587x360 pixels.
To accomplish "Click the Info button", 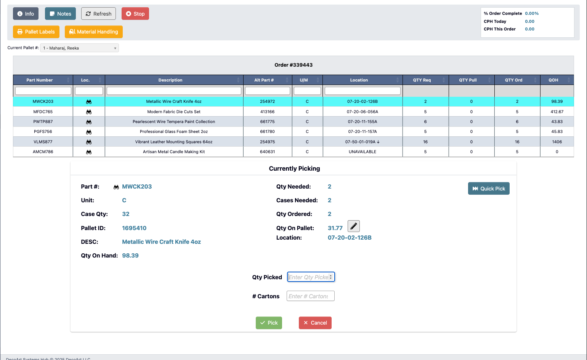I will (x=26, y=14).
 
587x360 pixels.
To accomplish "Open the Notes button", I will (x=60, y=14).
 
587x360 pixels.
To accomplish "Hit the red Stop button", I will (x=135, y=14).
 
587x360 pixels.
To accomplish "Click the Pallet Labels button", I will (x=36, y=32).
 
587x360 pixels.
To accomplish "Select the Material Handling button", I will (x=94, y=32).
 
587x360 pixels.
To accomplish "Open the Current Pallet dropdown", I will (x=79, y=48).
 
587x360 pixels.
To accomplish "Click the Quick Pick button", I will (x=489, y=189).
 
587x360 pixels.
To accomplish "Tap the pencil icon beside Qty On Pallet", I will (x=354, y=226).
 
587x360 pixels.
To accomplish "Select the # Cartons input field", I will (x=310, y=296).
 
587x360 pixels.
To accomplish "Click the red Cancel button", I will (x=315, y=323).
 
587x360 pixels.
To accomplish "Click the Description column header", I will (x=170, y=80).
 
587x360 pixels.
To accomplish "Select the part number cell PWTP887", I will (x=43, y=122).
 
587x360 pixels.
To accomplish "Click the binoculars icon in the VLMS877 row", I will (x=89, y=142).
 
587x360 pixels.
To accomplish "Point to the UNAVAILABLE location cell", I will (x=362, y=152).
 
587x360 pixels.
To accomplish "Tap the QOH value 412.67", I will (x=557, y=112).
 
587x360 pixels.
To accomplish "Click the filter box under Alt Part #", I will (x=267, y=91).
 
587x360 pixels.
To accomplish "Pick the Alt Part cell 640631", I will (x=267, y=152).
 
